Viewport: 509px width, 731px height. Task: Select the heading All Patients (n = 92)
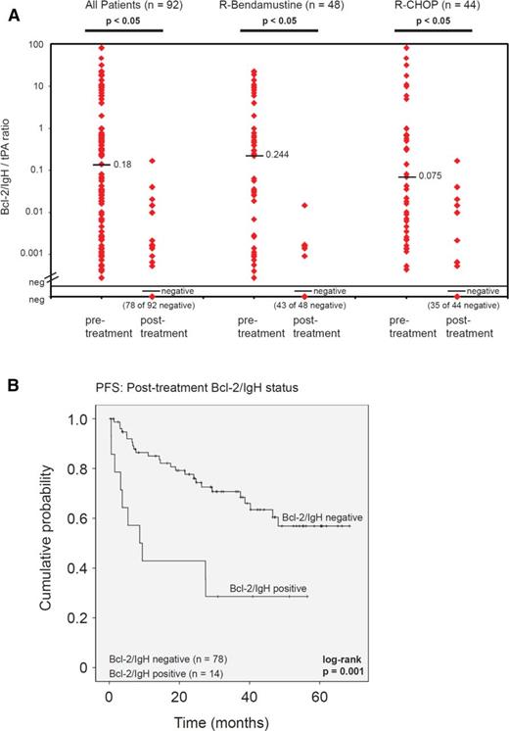click(x=123, y=7)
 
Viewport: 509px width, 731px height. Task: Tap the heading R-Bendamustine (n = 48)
click(x=279, y=7)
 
